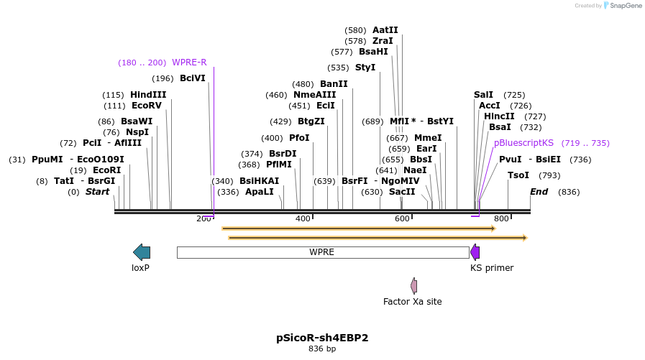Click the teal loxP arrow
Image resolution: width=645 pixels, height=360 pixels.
coord(142,251)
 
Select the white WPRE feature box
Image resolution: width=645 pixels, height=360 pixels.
coord(322,252)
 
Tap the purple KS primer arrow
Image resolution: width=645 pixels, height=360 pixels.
coord(475,251)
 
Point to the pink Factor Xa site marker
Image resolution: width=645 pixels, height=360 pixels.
coord(413,285)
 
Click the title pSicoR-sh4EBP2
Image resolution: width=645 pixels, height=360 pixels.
coord(322,337)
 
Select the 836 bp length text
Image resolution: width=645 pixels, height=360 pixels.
coord(322,349)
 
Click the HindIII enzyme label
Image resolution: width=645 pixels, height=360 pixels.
coord(148,95)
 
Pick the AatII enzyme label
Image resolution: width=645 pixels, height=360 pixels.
coord(385,30)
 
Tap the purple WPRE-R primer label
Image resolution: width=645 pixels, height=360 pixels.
coord(189,63)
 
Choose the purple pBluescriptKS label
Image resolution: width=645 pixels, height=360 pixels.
coord(523,143)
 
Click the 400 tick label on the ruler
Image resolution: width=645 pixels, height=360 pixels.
coord(303,218)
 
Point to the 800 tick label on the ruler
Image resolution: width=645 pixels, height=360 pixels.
coord(501,218)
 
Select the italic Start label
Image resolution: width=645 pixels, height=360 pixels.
coord(97,192)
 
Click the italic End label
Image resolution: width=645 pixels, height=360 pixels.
coord(539,192)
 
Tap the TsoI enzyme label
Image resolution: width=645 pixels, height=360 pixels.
coord(518,175)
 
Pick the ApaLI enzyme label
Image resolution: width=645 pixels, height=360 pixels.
coord(260,192)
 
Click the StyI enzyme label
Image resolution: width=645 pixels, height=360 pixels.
coord(365,68)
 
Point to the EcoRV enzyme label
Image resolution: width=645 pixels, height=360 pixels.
coord(147,106)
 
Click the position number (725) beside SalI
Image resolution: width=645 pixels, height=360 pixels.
coord(514,95)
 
